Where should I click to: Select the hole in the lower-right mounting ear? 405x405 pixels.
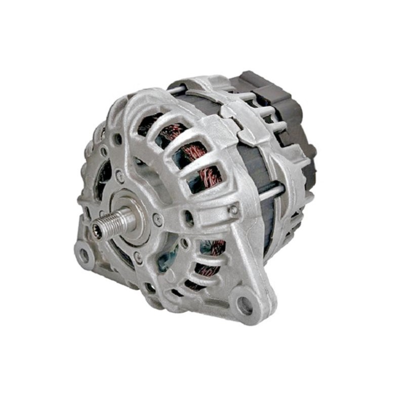pos(245,304)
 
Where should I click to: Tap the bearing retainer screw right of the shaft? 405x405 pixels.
pos(157,219)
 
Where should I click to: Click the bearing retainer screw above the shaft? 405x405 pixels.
pos(120,177)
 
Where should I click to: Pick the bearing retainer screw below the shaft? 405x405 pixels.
pos(137,258)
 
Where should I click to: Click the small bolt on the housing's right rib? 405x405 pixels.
pos(233,210)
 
